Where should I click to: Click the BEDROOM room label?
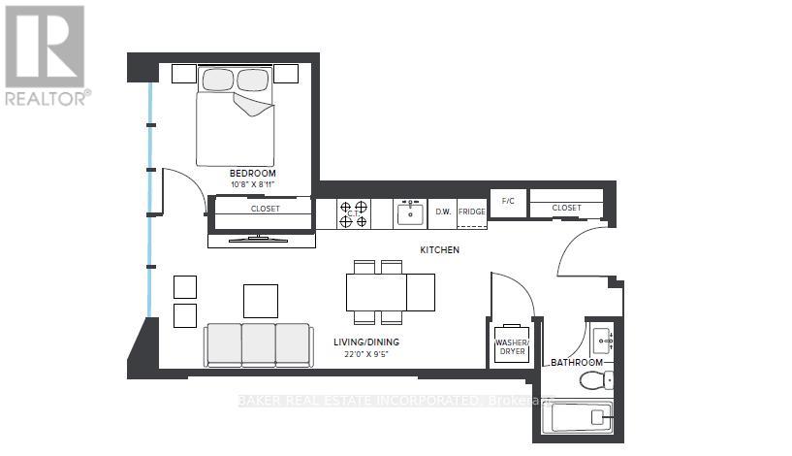[253, 174]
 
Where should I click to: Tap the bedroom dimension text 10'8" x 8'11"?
[253, 184]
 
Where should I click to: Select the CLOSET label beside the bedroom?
[265, 208]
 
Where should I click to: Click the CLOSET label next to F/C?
[567, 208]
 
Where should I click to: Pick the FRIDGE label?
[471, 212]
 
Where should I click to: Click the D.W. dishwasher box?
[442, 212]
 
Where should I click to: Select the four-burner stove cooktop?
[353, 213]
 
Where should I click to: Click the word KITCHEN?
[439, 250]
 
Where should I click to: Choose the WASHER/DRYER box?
[512, 345]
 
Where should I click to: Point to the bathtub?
[577, 418]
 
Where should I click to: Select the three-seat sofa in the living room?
[257, 343]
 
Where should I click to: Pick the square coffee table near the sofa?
[261, 301]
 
